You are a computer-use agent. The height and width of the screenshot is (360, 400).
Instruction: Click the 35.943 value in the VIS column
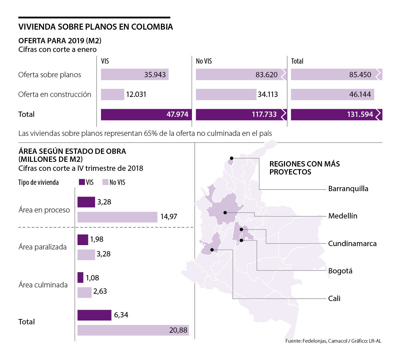(x=155, y=75)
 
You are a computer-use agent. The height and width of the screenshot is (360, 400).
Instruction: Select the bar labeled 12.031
(x=112, y=95)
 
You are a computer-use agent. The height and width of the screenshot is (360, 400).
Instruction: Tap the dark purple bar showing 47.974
(x=145, y=115)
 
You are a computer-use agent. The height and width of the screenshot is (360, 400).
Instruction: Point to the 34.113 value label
(x=268, y=95)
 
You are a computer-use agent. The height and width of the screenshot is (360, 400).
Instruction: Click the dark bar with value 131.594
(x=336, y=115)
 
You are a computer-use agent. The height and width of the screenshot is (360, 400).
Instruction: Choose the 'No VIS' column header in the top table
(x=204, y=61)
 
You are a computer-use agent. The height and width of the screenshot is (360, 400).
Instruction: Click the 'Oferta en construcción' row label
(x=55, y=95)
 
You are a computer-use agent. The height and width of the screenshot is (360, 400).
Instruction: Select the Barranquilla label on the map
(x=348, y=189)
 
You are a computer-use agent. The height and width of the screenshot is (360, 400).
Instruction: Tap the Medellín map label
(x=343, y=216)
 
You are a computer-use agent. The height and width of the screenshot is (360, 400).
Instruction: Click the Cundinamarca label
(x=352, y=243)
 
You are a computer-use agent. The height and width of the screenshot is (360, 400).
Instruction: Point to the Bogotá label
(x=340, y=271)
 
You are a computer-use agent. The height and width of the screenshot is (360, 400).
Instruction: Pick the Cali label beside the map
(x=334, y=298)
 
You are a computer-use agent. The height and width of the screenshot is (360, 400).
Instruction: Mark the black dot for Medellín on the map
(x=225, y=212)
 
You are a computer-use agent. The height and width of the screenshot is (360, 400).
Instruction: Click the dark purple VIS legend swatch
(x=82, y=182)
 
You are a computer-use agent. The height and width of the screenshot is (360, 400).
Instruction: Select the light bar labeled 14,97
(x=117, y=217)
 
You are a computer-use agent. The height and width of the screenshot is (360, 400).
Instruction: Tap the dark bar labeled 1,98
(x=83, y=240)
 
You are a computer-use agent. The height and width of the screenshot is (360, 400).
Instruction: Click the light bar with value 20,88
(x=133, y=330)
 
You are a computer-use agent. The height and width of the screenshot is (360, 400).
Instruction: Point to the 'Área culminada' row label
(x=43, y=285)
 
